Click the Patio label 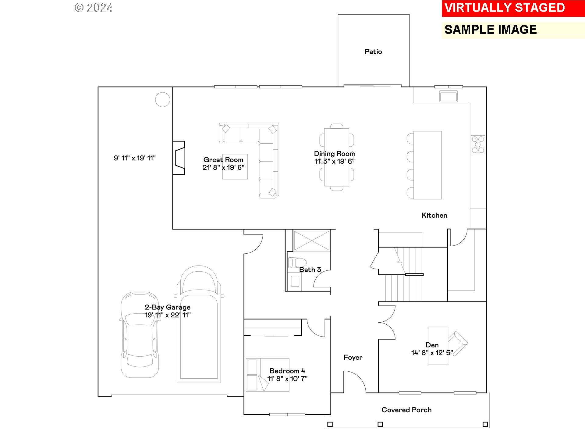pos(373,52)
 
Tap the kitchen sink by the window pos(448,96)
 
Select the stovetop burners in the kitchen pos(478,145)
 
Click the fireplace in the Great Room pos(179,158)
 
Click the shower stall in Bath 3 pos(311,241)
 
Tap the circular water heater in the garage pos(163,99)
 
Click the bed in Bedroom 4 pos(268,375)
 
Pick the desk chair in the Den pos(458,341)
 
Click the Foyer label pos(353,358)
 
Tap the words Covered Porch pos(406,410)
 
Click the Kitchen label pos(434,216)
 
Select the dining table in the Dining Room pos(337,157)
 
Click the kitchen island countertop pos(427,165)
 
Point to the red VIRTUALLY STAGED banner pos(513,8)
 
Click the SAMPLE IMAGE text pos(491,30)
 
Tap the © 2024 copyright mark pos(94,8)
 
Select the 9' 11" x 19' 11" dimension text pos(135,158)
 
